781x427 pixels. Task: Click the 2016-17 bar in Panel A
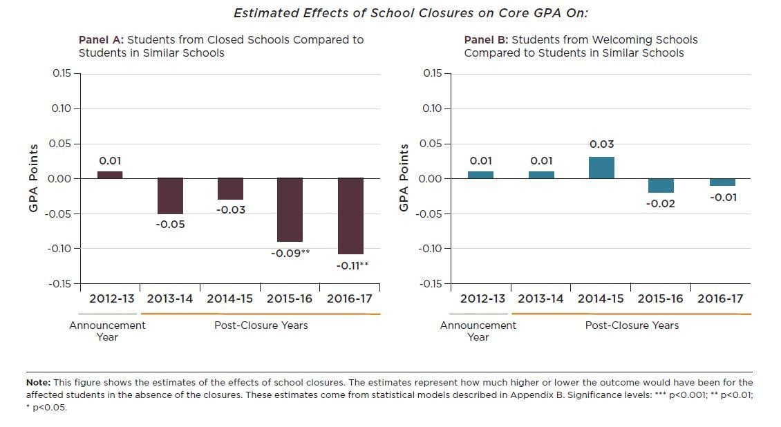point(350,216)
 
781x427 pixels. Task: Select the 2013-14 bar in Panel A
point(170,196)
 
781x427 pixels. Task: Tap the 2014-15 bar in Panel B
point(602,168)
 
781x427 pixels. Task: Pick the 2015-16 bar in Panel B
point(661,186)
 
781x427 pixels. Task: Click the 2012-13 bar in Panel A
point(110,175)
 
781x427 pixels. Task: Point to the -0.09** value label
point(290,254)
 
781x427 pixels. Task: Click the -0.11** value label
point(352,266)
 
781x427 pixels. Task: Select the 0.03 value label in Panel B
point(602,144)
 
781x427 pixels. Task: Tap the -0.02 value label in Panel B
point(661,204)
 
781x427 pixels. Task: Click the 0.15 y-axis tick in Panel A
point(62,73)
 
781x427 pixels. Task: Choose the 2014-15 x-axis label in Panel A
point(229,298)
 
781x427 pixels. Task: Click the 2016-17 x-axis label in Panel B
point(720,298)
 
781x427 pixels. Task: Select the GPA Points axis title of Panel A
point(33,178)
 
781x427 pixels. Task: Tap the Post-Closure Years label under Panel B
point(632,325)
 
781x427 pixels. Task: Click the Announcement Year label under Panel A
point(107,331)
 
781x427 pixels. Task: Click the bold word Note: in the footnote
point(38,383)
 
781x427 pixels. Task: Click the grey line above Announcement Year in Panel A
point(108,314)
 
